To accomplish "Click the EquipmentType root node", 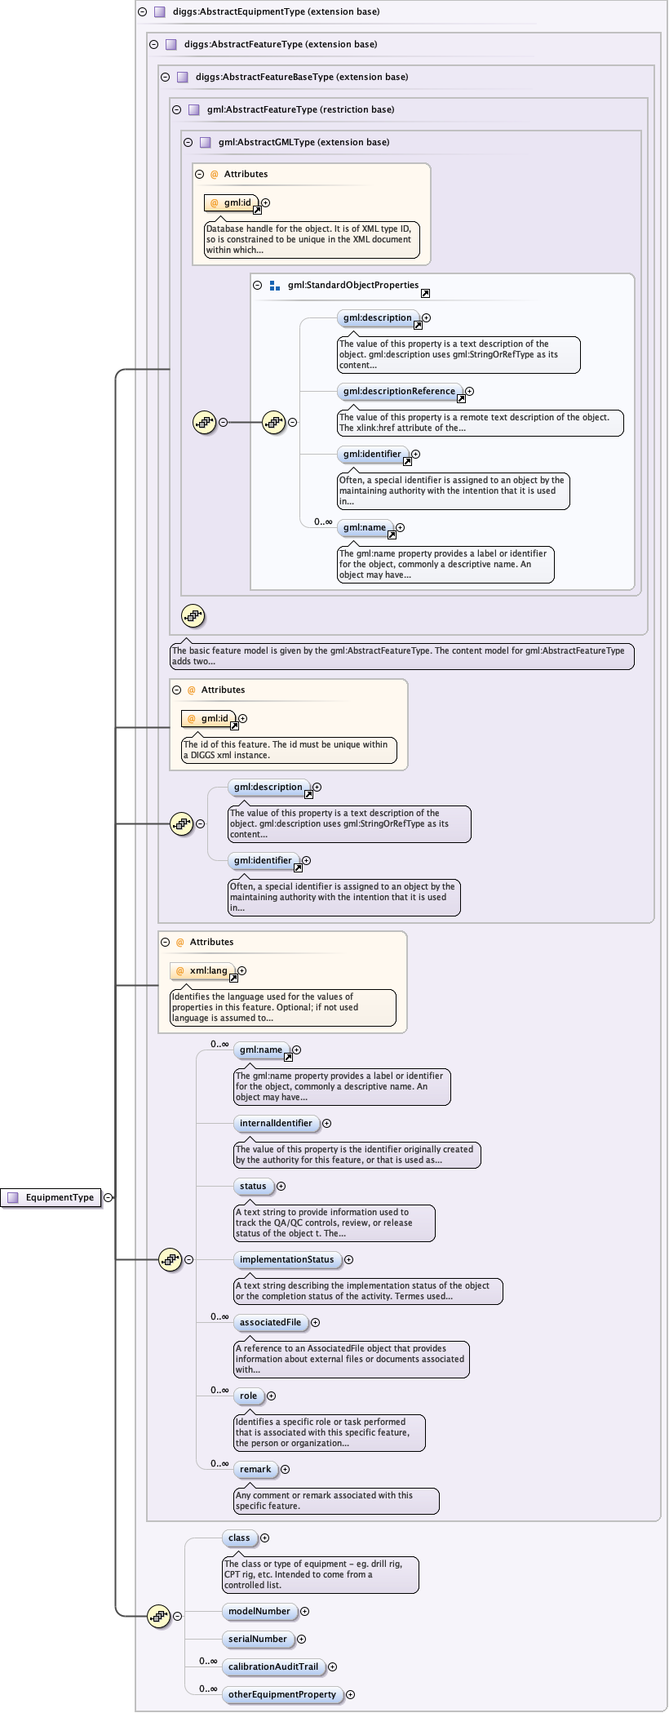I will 51,1197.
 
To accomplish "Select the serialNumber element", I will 258,1639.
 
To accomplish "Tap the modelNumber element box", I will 259,1611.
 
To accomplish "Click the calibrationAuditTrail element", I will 273,1666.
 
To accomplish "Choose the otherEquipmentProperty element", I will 281,1694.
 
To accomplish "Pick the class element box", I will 239,1538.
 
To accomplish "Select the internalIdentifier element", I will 276,1123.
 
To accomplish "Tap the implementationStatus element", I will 286,1259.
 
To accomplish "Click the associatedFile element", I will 270,1322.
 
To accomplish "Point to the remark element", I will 255,1469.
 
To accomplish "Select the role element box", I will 248,1396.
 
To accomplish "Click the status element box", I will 253,1186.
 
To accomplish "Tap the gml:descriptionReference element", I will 399,391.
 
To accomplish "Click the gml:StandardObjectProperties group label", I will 352,285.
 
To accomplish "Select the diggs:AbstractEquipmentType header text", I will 276,11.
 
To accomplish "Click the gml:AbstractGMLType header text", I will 303,142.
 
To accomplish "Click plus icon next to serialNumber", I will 301,1639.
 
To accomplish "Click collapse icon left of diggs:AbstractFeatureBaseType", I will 165,77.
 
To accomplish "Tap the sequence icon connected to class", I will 158,1616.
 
